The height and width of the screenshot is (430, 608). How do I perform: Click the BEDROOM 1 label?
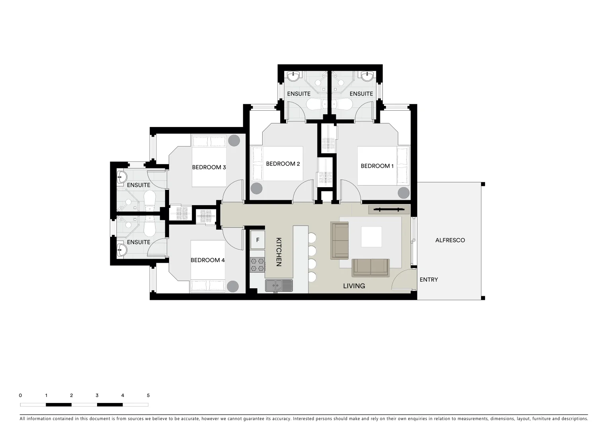pyautogui.click(x=377, y=166)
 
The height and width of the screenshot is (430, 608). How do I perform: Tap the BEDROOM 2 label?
pyautogui.click(x=283, y=164)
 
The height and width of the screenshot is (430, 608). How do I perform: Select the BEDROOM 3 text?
pyautogui.click(x=209, y=167)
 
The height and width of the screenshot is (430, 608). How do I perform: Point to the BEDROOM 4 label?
pyautogui.click(x=208, y=260)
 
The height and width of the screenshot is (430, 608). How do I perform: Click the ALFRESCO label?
pyautogui.click(x=450, y=240)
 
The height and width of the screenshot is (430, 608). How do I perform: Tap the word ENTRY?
pyautogui.click(x=429, y=279)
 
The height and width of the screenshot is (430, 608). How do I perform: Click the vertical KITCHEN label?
pyautogui.click(x=279, y=252)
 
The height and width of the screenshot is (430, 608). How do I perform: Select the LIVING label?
pyautogui.click(x=354, y=286)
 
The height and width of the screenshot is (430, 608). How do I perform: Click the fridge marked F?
pyautogui.click(x=258, y=240)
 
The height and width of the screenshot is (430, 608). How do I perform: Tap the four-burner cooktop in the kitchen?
pyautogui.click(x=257, y=265)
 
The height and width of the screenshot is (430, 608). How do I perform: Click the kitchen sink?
pyautogui.click(x=279, y=285)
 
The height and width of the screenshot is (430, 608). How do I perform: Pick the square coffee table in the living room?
pyautogui.click(x=371, y=237)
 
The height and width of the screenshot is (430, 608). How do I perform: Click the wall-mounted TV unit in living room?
pyautogui.click(x=389, y=209)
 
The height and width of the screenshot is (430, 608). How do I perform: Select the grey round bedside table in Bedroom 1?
pyautogui.click(x=403, y=193)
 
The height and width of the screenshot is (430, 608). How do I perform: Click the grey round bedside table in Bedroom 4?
pyautogui.click(x=233, y=286)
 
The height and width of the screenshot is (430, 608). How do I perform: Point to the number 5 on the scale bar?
pyautogui.click(x=148, y=395)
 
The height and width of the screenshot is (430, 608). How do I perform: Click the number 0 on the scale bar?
pyautogui.click(x=20, y=395)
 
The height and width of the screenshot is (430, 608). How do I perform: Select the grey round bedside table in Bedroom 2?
pyautogui.click(x=257, y=188)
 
